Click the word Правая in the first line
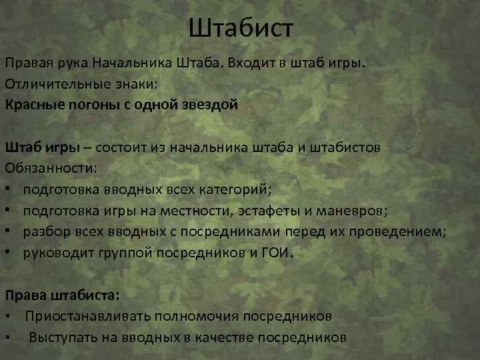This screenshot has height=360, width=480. click(27, 63)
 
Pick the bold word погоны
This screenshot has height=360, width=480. click(86, 105)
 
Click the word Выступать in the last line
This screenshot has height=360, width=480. click(63, 337)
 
